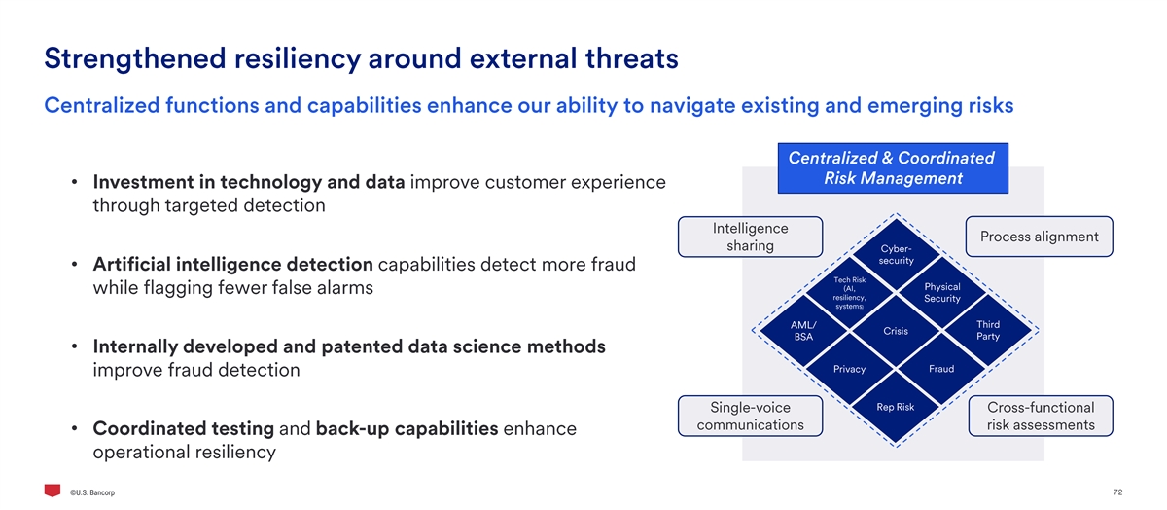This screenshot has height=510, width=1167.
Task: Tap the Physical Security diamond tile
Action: [x=941, y=293]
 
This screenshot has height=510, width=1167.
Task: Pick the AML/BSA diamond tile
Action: [x=803, y=331]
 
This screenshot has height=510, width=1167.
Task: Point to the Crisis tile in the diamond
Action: [x=896, y=331]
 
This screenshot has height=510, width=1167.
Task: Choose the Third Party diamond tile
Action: [x=987, y=331]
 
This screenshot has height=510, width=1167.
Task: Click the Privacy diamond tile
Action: [x=849, y=369]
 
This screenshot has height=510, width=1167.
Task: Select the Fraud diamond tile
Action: [x=941, y=369]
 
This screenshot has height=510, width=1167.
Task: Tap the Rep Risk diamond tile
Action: [x=895, y=407]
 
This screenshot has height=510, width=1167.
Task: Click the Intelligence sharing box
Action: [x=750, y=237]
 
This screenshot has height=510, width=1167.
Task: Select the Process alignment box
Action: [x=1039, y=237]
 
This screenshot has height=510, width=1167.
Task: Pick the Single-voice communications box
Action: [x=750, y=416]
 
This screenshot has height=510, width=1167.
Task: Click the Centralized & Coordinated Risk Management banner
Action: [x=891, y=168]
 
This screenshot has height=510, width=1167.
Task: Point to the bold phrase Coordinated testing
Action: [x=183, y=429]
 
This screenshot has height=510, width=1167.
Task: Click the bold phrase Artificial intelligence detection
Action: [x=232, y=265]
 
